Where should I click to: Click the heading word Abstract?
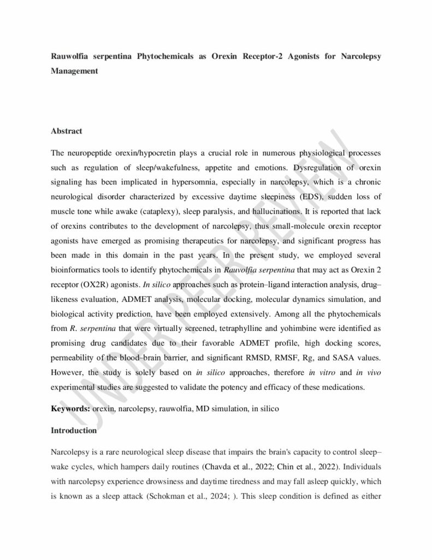67,131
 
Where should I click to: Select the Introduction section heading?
74,430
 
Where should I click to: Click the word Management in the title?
74,71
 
